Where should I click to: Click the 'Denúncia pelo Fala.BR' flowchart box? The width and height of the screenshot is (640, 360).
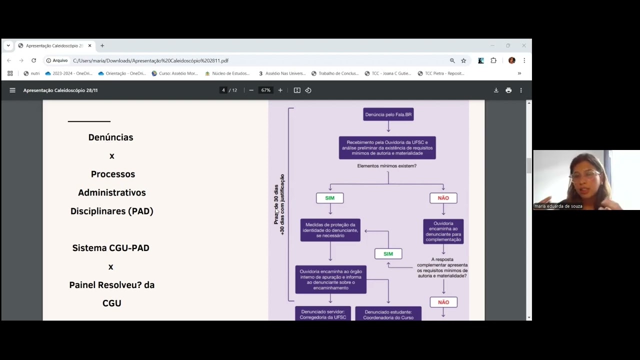[x=388, y=114]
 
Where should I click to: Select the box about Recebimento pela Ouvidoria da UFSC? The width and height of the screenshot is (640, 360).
[x=387, y=148]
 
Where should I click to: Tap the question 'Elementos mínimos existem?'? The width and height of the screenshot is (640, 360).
[x=387, y=166]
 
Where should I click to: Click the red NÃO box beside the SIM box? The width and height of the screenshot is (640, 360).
[x=443, y=198]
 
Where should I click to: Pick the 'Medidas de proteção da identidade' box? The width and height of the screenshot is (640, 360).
[x=330, y=230]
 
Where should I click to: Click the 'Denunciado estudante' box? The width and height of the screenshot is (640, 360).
[x=388, y=314]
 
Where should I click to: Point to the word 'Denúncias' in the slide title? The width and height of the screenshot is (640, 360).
[x=110, y=137]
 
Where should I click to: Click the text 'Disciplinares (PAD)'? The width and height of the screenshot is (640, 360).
[x=111, y=211]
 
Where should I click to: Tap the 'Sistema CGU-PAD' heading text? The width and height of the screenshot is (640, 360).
[x=110, y=248]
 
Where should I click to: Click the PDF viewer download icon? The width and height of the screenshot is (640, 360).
[x=496, y=90]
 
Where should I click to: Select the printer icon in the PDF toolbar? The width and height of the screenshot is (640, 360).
[x=508, y=90]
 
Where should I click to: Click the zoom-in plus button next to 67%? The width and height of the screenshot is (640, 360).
[x=280, y=90]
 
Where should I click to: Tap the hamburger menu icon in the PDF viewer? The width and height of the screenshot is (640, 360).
[x=12, y=90]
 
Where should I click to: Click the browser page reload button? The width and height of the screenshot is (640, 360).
[x=33, y=60]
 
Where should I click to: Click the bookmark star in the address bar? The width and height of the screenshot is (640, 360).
[x=463, y=60]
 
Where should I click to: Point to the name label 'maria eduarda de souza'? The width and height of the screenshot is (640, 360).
[x=558, y=206]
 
